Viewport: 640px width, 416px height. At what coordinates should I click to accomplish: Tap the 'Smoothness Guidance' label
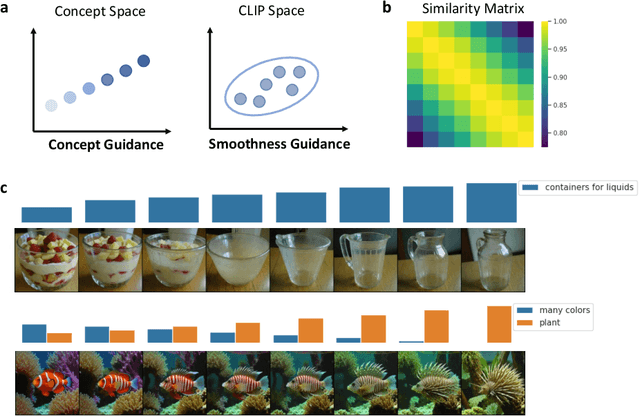(x=279, y=145)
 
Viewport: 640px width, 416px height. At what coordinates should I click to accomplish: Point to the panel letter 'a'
(x=7, y=9)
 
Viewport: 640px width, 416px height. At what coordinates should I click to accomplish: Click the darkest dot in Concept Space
(x=144, y=61)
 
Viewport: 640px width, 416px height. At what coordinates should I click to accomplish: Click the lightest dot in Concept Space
(x=50, y=104)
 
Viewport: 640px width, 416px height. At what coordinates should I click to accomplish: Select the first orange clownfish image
(x=46, y=381)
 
